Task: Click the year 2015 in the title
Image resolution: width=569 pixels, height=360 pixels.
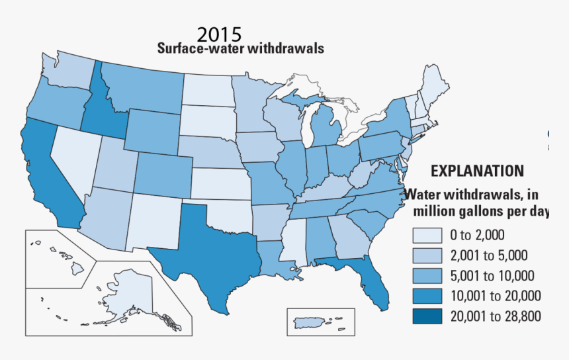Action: (x=220, y=34)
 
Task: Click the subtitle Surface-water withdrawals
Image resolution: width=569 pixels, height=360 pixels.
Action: (x=240, y=49)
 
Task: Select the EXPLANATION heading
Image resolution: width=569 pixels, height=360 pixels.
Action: (x=477, y=171)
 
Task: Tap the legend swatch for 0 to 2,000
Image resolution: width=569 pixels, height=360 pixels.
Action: (x=429, y=235)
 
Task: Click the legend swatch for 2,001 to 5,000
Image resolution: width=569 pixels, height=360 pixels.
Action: (x=429, y=255)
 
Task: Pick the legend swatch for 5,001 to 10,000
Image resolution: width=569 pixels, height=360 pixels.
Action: (x=429, y=275)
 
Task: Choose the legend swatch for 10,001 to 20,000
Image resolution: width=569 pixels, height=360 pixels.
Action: (x=429, y=296)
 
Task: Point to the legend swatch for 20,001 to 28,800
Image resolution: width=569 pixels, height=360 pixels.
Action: (x=429, y=316)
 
